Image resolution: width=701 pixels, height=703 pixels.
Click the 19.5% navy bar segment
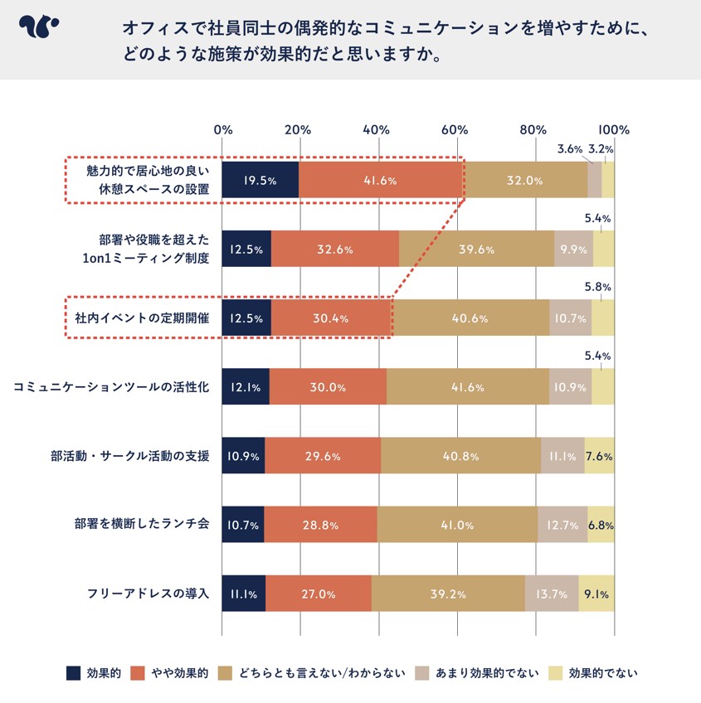(x=260, y=181)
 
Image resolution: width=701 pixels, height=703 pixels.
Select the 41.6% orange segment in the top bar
(x=381, y=181)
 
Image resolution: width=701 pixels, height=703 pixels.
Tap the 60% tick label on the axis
(x=455, y=130)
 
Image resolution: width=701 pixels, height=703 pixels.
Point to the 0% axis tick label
(x=222, y=130)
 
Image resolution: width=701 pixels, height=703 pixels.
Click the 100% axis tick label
(x=615, y=130)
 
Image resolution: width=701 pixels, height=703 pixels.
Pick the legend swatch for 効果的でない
(x=555, y=672)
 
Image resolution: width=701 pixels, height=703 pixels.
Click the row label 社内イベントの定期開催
(x=142, y=318)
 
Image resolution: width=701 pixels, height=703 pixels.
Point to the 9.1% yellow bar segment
(x=596, y=594)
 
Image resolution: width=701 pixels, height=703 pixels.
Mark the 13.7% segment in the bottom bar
(x=552, y=594)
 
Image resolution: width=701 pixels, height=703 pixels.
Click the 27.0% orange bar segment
(x=319, y=594)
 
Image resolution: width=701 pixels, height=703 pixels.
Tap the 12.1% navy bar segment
(x=246, y=387)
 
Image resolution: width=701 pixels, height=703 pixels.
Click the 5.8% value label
(x=598, y=288)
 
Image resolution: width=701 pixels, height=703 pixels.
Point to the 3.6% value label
(x=570, y=150)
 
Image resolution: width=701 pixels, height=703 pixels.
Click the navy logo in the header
(x=38, y=28)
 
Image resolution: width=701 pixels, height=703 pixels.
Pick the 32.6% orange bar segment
(x=335, y=249)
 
